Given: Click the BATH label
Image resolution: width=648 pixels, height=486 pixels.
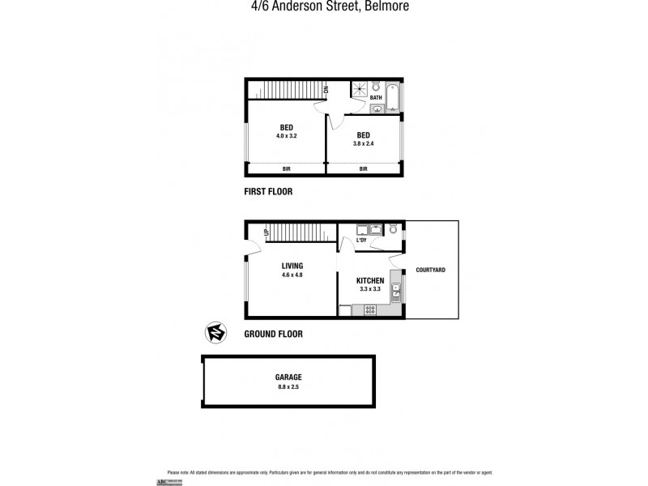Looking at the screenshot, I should (376, 99).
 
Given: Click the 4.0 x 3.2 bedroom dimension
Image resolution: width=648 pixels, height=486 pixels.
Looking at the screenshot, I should (287, 136).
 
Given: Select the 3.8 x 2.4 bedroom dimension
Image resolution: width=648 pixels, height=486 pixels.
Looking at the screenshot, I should (363, 143).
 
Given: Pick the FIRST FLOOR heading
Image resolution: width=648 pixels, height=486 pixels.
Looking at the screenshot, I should (268, 192).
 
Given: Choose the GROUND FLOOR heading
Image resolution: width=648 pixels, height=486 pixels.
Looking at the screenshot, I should (274, 333).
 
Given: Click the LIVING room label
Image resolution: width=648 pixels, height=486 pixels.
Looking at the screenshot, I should (292, 266).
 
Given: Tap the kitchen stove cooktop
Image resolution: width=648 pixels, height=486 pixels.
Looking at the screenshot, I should (370, 309).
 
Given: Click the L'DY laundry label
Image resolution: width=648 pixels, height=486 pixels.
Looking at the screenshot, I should (362, 240).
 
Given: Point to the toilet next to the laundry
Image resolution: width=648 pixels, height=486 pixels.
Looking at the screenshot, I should (393, 229).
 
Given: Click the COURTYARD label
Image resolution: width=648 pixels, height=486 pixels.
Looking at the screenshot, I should (430, 270).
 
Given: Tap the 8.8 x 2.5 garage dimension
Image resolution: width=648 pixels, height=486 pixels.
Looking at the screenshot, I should (288, 387).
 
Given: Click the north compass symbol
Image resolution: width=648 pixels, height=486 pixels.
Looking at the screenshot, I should (214, 333).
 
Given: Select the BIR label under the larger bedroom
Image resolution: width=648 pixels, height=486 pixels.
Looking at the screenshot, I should (287, 168).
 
